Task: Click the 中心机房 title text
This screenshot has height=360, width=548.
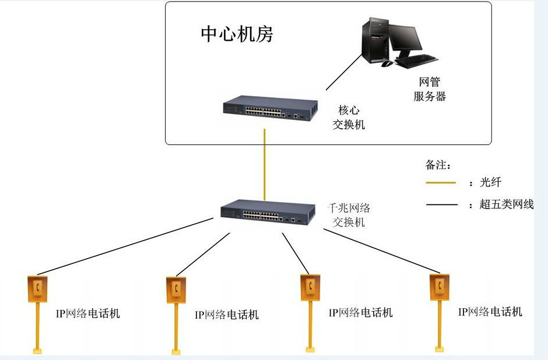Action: (x=237, y=34)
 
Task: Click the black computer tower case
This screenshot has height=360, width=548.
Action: (x=375, y=40)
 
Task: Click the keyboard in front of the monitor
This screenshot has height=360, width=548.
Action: (x=417, y=58)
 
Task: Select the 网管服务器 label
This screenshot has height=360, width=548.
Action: (x=430, y=89)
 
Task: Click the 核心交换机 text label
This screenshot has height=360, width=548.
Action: (x=349, y=117)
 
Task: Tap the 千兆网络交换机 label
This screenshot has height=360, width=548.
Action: (x=349, y=214)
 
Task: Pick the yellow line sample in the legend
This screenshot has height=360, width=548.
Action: (x=441, y=183)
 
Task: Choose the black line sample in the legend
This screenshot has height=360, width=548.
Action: (x=441, y=205)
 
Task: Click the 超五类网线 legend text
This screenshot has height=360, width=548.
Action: (x=505, y=204)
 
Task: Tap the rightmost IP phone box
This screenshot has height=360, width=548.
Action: (x=439, y=285)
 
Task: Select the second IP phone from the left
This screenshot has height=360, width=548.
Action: (x=175, y=287)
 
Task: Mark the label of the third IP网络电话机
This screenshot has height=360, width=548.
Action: (x=360, y=313)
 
